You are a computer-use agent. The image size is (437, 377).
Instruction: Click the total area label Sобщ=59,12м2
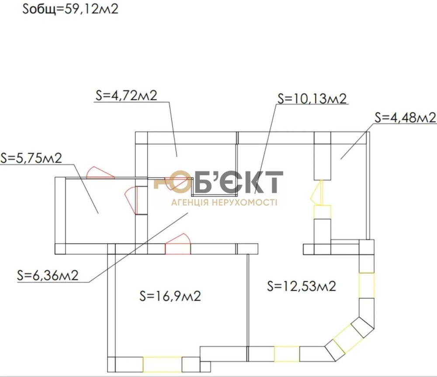[x=70, y=9]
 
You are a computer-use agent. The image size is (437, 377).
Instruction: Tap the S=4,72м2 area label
[x=126, y=95]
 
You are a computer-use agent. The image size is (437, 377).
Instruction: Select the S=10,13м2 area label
[x=312, y=99]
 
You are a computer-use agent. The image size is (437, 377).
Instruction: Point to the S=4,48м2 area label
[x=405, y=118]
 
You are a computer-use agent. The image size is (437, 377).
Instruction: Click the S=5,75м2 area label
[x=31, y=158]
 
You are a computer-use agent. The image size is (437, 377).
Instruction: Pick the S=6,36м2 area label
[x=48, y=275]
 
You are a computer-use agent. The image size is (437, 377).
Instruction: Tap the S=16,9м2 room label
[x=170, y=296]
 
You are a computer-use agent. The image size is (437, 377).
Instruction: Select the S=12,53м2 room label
[x=302, y=286]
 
